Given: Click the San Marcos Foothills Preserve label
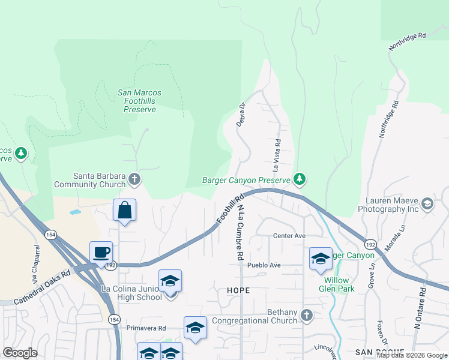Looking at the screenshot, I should [x=140, y=101].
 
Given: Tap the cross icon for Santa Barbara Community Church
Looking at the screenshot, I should [x=135, y=179].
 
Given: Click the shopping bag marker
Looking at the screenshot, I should [x=124, y=211].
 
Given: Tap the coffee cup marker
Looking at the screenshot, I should [x=101, y=252].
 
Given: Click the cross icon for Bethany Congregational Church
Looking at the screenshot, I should [x=307, y=315].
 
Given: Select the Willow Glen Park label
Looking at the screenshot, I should [x=339, y=284].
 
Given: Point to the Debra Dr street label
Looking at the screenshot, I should [x=242, y=114].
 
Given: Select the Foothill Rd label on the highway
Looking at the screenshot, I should [x=230, y=209].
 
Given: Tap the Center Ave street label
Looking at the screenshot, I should [x=289, y=236].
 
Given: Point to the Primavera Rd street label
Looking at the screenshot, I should [x=146, y=328].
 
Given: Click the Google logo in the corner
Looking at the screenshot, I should [x=20, y=353].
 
